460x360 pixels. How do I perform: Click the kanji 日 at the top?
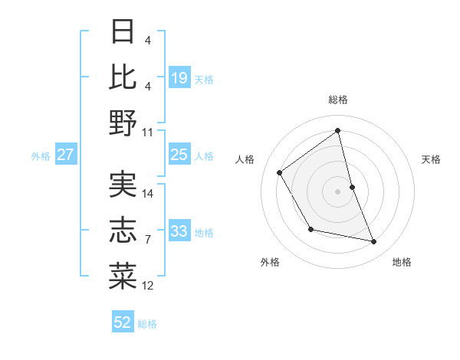point(123,32)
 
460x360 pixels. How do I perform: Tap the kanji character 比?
point(123,77)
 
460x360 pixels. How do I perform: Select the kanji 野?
point(123,122)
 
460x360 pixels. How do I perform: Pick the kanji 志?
point(123,231)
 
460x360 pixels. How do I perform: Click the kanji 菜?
point(123,276)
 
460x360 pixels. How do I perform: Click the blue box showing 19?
point(179,77)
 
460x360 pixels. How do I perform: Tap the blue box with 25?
point(179,155)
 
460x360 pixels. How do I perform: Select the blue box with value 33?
point(179,231)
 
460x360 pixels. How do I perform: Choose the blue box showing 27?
point(66,155)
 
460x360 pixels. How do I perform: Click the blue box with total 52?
point(123,322)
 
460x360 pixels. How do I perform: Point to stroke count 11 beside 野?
point(148,132)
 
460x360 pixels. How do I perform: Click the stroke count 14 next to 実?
point(148,194)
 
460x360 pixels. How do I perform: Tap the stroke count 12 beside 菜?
point(148,286)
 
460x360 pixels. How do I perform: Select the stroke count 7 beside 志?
point(148,240)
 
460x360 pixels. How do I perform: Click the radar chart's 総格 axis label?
point(338,100)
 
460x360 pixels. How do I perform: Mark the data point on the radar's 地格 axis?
point(374,242)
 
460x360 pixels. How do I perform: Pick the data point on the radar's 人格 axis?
point(280,172)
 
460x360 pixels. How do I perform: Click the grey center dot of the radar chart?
point(338,191)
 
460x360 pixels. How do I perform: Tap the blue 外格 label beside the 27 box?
point(41,155)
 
